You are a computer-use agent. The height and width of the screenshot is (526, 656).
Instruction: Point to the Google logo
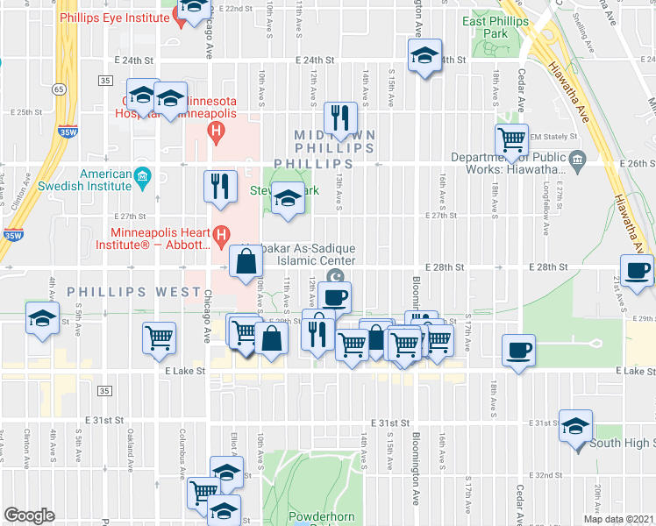[x=30, y=515]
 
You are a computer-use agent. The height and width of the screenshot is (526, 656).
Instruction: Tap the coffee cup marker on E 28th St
[x=636, y=269]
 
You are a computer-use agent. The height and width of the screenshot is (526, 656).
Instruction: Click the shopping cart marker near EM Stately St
[x=511, y=139]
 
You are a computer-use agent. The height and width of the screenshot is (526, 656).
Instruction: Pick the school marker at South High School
[x=575, y=427]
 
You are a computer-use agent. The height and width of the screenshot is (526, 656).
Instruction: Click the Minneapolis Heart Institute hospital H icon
[x=221, y=235]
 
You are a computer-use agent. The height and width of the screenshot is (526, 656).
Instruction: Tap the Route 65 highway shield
[x=58, y=89]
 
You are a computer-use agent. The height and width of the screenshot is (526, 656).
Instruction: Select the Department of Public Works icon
[x=577, y=159]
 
